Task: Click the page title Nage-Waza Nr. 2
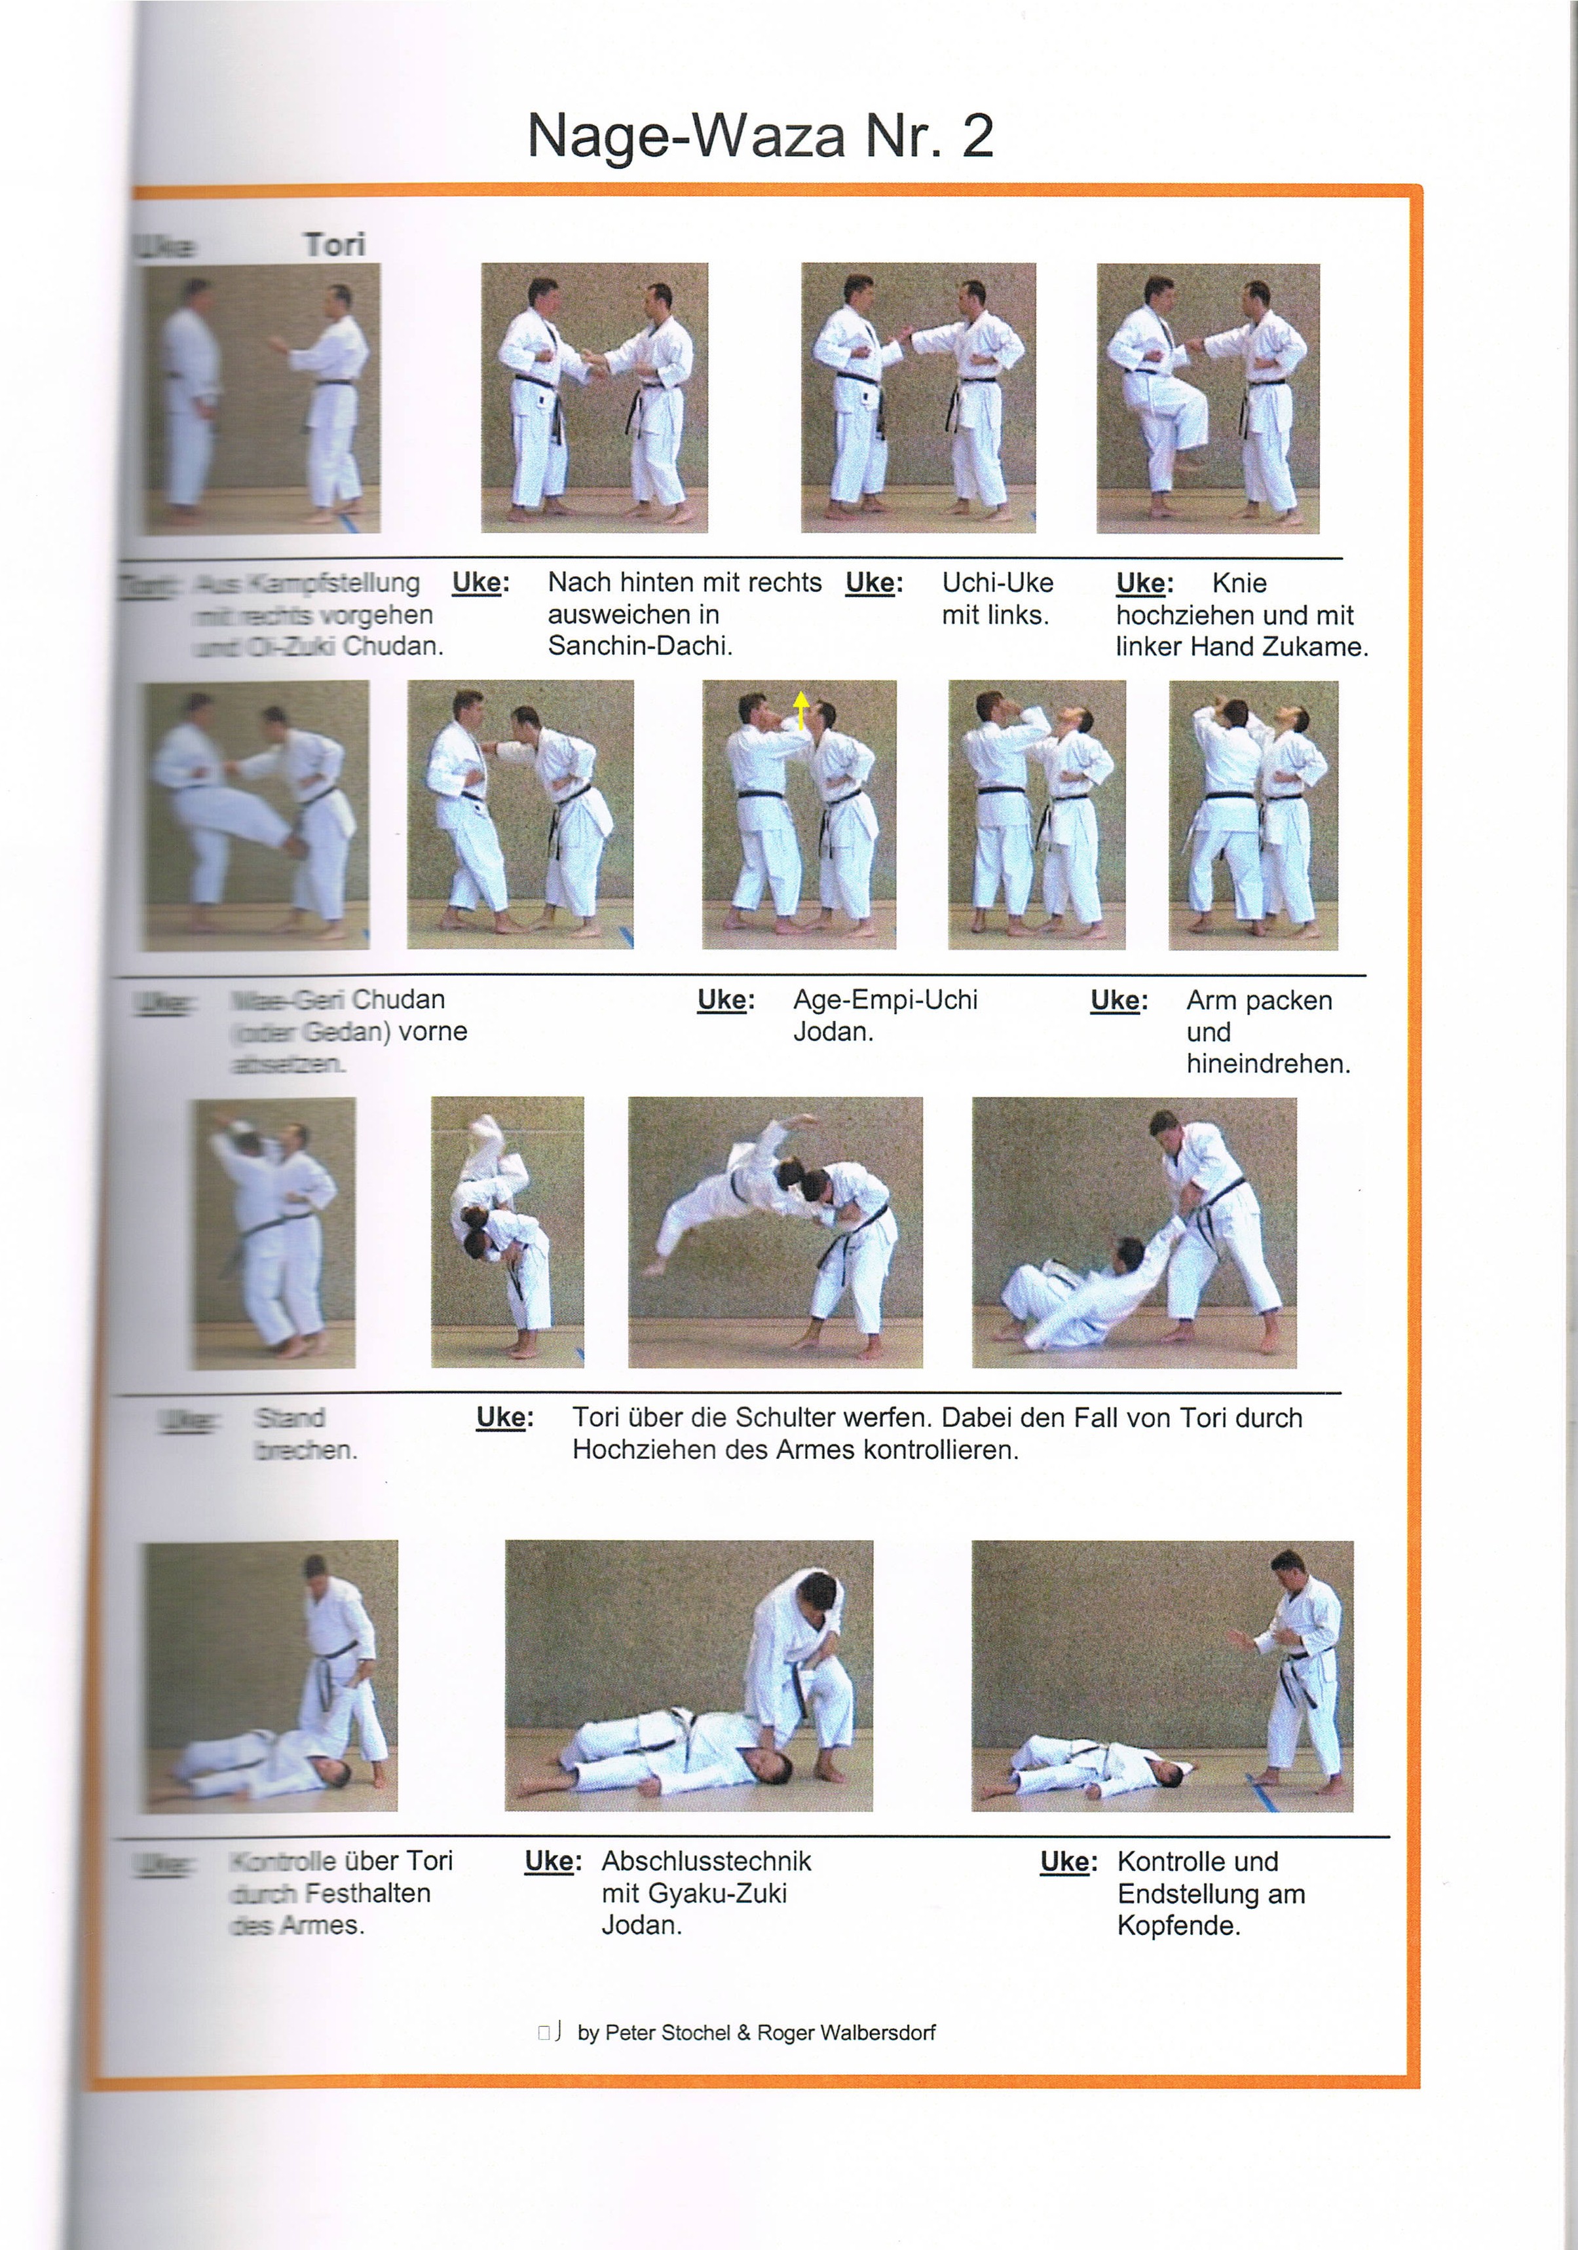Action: (760, 136)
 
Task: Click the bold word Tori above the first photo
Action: (334, 245)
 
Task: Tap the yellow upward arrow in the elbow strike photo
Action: (800, 709)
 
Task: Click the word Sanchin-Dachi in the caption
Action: (639, 646)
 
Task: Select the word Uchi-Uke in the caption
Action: (997, 582)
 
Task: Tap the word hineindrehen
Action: (1268, 1063)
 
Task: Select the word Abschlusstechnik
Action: (705, 1861)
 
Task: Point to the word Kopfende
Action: (1178, 1926)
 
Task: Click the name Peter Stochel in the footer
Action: (667, 2033)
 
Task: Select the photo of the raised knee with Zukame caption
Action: (1207, 398)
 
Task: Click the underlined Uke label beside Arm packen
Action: (1118, 1001)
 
